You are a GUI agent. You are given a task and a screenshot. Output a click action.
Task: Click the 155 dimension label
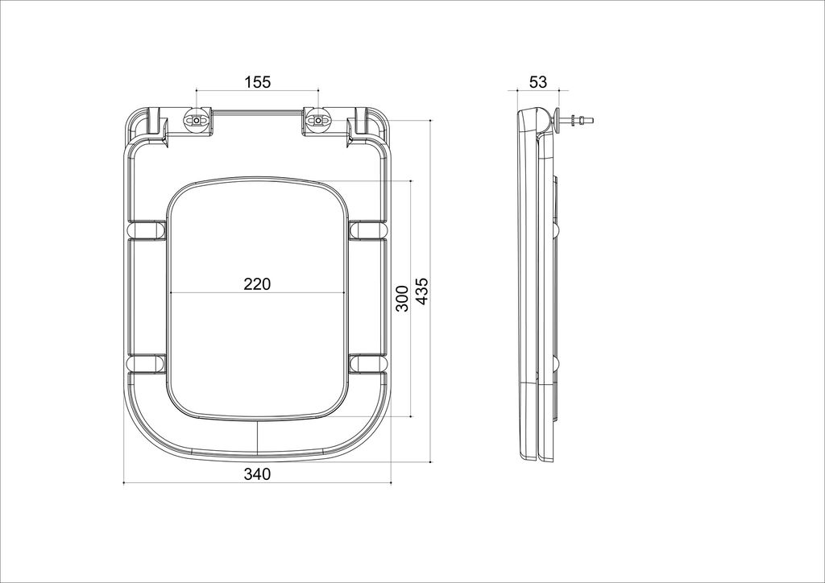coord(257,82)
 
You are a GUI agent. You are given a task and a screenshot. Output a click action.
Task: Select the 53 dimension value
coord(537,82)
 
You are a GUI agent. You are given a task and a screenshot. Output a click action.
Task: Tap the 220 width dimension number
coord(257,284)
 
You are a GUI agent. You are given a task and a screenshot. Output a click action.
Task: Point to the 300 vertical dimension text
coord(402,298)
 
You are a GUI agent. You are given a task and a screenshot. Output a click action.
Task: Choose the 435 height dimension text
coord(422,291)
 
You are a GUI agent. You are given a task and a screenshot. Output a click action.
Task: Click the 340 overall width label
coord(257,474)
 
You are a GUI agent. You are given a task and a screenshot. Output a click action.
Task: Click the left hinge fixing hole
coord(197,121)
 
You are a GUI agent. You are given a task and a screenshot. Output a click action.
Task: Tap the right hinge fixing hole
coord(318,121)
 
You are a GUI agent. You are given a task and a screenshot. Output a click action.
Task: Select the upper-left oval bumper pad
coord(147,229)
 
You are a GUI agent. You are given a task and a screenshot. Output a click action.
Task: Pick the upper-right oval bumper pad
coord(367,229)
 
